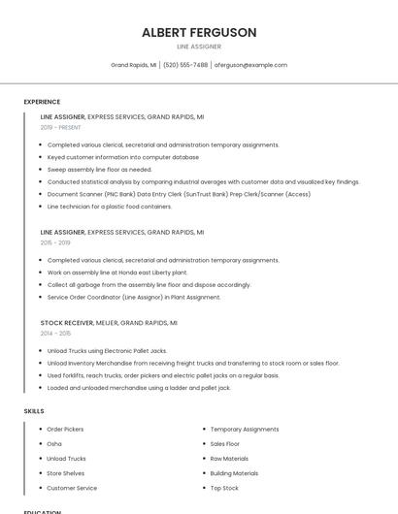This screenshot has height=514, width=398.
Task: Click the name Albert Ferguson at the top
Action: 199,33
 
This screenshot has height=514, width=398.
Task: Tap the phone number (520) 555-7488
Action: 185,65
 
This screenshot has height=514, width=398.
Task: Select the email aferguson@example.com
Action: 250,65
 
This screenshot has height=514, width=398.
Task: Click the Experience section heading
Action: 42,102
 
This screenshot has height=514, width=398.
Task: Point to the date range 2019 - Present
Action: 61,127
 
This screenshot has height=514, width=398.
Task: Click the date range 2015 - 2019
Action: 54,242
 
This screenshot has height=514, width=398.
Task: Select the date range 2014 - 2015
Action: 55,333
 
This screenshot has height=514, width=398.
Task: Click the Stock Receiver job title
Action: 66,322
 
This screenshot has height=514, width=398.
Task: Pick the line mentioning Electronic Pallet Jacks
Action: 107,350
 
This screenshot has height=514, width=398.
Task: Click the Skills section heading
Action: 34,411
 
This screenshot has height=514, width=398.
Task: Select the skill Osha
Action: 54,443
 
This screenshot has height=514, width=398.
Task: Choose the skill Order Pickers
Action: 65,429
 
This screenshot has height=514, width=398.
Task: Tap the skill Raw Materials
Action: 229,459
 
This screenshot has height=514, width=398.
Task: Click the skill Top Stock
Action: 224,488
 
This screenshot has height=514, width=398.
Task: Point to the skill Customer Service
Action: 72,488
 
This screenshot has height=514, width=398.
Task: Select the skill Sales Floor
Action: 225,443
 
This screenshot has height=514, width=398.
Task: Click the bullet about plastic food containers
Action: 110,207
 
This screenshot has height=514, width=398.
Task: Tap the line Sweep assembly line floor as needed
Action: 99,169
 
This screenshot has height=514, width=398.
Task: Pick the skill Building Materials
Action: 234,473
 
